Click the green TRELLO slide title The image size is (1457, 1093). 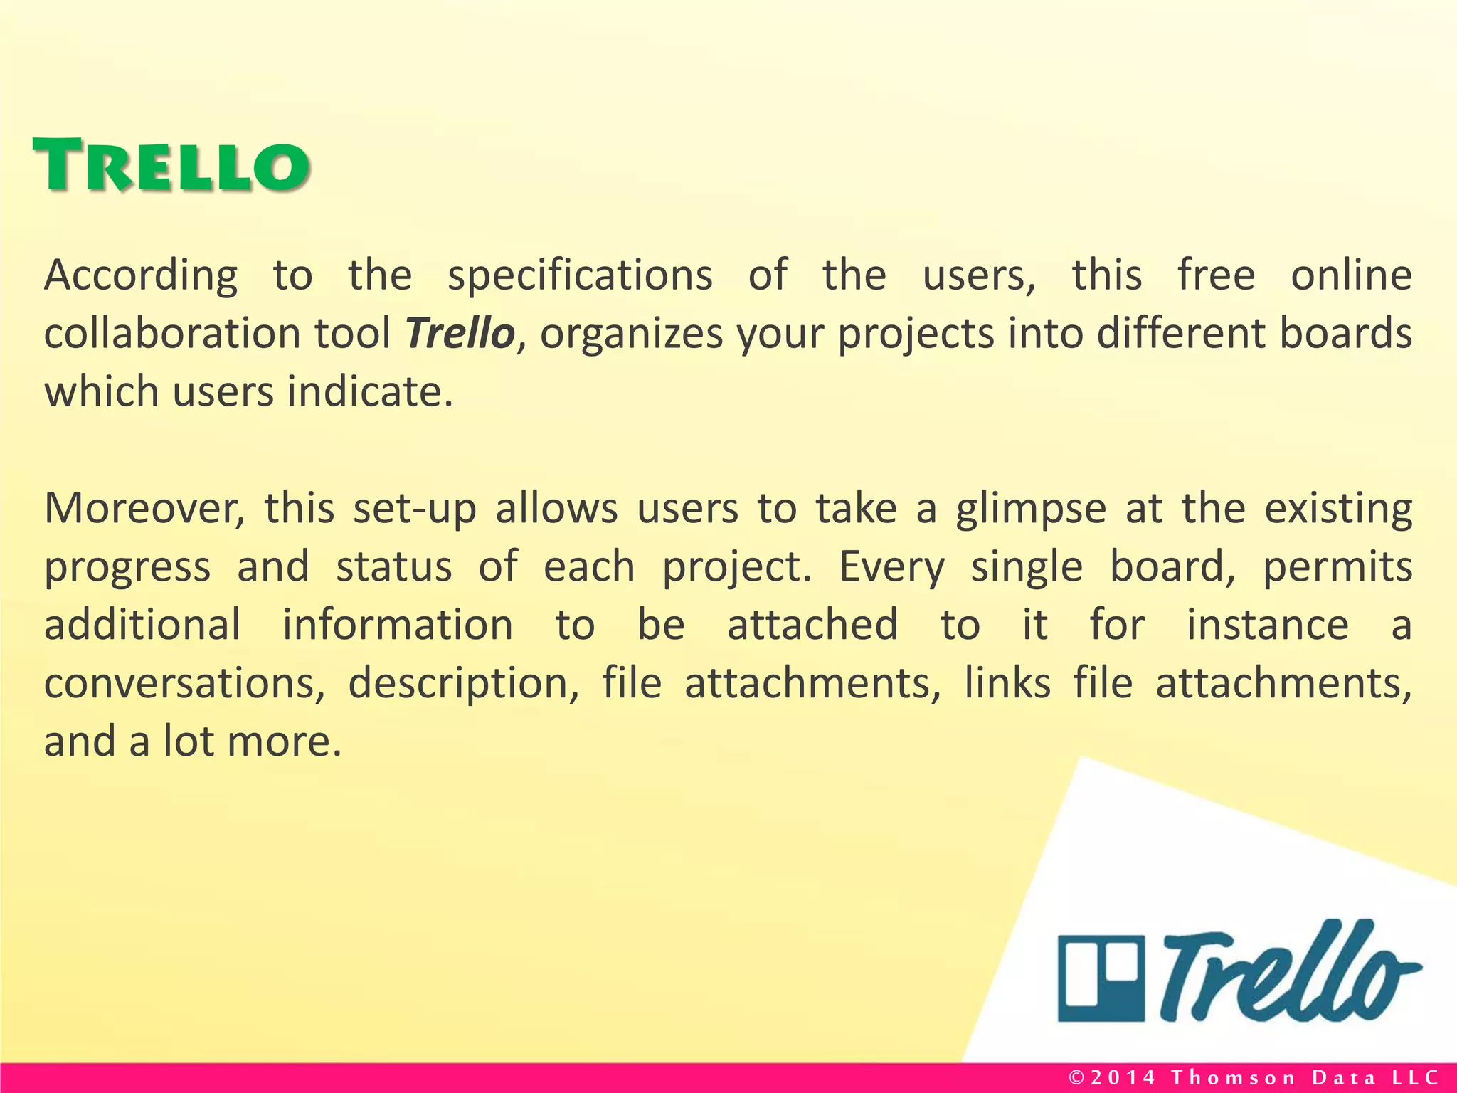(x=171, y=165)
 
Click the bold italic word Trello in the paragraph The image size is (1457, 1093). (x=460, y=333)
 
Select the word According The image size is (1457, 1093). (x=141, y=276)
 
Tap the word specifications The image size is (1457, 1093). (x=580, y=276)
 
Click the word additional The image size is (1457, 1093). (x=142, y=625)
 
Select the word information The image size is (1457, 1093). (x=398, y=625)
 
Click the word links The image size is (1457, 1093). (x=1007, y=683)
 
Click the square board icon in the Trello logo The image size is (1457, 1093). (x=1101, y=979)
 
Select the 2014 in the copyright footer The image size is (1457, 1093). (x=1124, y=1077)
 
